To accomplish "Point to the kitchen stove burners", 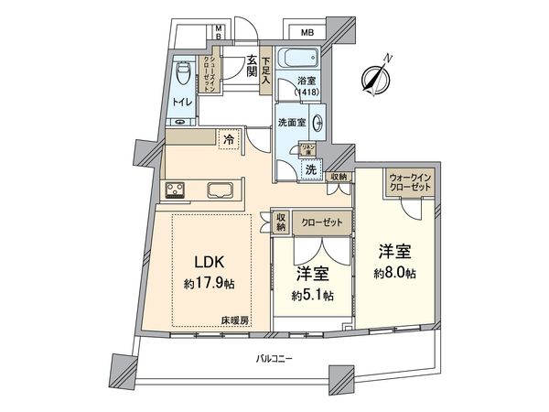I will (x=174, y=191).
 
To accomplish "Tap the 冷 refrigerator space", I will (x=228, y=140).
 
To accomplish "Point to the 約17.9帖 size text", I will (x=210, y=284).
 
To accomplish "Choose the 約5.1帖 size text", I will (x=313, y=295).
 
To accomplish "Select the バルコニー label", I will (x=274, y=360).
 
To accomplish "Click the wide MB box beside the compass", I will (x=307, y=33).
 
